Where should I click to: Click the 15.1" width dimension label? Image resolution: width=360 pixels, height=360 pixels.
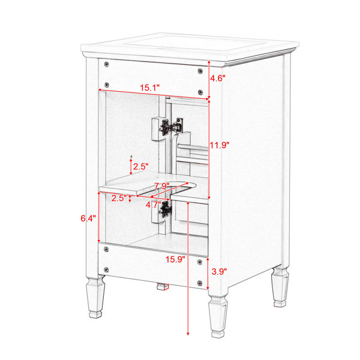pos(149,88)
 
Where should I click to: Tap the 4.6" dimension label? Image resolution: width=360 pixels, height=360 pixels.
pos(218,78)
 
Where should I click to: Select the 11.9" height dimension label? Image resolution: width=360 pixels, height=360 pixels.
pos(220,145)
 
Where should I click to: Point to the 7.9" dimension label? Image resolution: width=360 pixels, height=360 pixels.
pos(162,186)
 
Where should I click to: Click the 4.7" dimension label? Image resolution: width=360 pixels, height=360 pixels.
pos(154,205)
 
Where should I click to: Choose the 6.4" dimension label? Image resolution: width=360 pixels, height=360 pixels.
pos(88,218)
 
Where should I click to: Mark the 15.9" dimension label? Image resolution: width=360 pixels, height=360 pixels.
pos(175,259)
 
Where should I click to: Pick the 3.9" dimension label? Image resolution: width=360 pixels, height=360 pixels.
pos(219,272)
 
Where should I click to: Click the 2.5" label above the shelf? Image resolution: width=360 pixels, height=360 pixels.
pos(141,167)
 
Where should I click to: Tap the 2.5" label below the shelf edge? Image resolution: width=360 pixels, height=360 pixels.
pos(119,198)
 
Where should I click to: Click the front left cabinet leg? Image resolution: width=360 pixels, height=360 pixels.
pos(95,298)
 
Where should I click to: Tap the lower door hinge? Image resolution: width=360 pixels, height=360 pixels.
pos(166,209)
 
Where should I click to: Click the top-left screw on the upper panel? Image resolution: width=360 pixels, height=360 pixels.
pos(106,64)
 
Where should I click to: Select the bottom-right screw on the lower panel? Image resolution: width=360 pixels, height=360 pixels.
pos(200,283)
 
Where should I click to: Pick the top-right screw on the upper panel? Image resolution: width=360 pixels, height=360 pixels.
pos(200,71)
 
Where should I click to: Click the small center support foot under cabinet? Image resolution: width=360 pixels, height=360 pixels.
pos(163,287)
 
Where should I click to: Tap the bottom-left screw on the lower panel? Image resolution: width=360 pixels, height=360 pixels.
pos(106,269)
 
